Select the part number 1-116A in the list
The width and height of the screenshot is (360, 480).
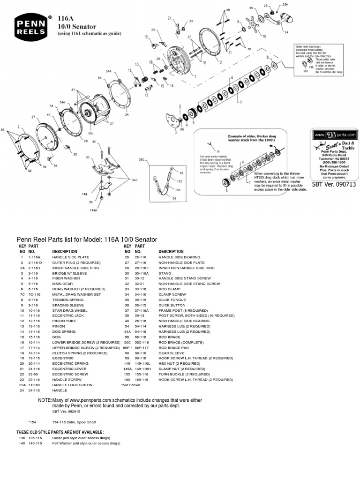pyautogui.click(x=35, y=257)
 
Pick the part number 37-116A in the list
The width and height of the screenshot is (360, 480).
pyautogui.click(x=142, y=310)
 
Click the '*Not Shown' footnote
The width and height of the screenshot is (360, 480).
pyautogui.click(x=131, y=384)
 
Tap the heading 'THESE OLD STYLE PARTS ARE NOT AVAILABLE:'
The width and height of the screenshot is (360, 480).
pyautogui.click(x=60, y=432)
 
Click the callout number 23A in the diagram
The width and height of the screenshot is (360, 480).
pyautogui.click(x=285, y=4)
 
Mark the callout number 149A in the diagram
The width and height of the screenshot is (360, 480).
pyautogui.click(x=94, y=210)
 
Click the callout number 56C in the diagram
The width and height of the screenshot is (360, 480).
pyautogui.click(x=141, y=159)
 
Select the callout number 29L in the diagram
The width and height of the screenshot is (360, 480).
pyautogui.click(x=91, y=134)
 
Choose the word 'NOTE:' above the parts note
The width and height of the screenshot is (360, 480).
pyautogui.click(x=45, y=400)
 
